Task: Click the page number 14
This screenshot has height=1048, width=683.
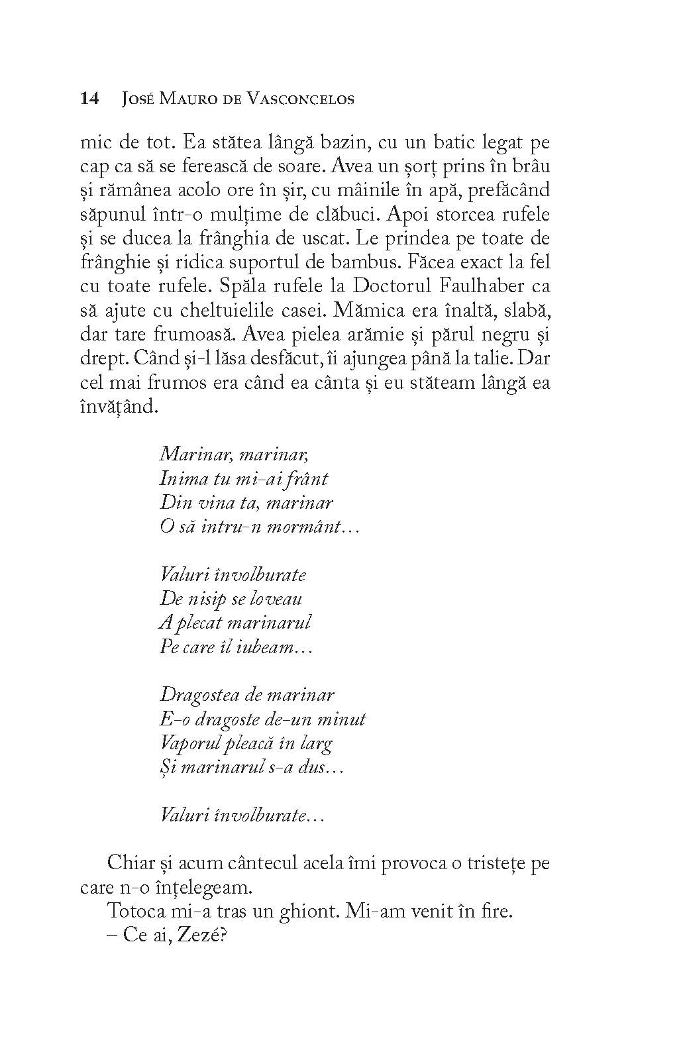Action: tap(89, 99)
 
